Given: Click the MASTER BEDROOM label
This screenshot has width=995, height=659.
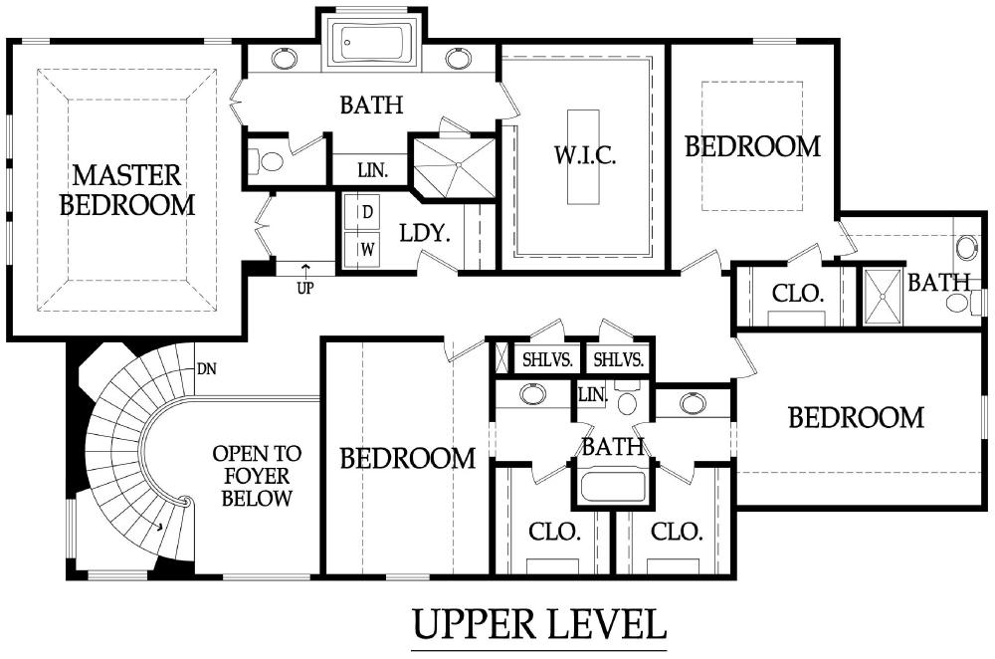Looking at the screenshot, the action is tap(127, 190).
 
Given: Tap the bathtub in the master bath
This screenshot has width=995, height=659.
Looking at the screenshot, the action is tap(370, 43).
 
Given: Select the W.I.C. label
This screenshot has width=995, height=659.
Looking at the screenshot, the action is tap(584, 155).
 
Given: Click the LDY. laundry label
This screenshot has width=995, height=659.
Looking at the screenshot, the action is tap(425, 233).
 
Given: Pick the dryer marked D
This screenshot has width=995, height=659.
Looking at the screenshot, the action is tap(361, 212).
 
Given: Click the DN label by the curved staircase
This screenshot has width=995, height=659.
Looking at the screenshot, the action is tap(207, 368).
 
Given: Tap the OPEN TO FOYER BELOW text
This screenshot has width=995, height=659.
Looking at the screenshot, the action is tap(257, 476).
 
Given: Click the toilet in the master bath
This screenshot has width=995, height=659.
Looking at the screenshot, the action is tap(267, 161).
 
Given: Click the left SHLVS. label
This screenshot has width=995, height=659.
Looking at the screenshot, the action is tap(547, 360).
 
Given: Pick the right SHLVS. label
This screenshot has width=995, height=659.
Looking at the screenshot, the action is tap(619, 360).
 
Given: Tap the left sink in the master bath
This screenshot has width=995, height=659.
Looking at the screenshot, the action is tap(285, 59).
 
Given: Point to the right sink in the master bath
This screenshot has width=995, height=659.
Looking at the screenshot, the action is tap(458, 59).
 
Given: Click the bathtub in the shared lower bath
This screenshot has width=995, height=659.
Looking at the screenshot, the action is tap(613, 486).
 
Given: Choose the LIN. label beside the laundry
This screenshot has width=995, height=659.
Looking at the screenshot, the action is tap(372, 170).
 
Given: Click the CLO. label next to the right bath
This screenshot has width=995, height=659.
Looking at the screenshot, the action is tap(798, 294).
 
